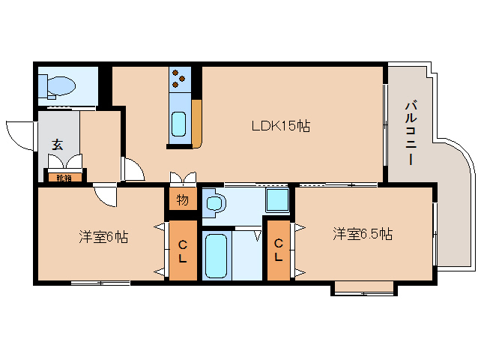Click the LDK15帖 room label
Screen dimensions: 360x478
point(281,127)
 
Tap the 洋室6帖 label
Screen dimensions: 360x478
point(103,237)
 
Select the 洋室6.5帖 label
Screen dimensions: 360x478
point(363,234)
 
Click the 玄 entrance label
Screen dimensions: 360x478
point(58,143)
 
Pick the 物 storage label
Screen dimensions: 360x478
point(182,199)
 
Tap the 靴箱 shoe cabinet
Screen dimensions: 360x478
point(64,178)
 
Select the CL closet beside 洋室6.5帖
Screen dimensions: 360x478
point(278,250)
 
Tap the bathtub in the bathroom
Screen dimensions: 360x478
point(216,256)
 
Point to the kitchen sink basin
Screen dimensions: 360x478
point(179,122)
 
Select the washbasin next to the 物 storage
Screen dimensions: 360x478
point(214,203)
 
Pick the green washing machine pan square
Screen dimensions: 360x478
point(278,199)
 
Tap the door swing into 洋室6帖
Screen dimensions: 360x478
point(106,196)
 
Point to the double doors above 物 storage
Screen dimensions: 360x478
point(182,178)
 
